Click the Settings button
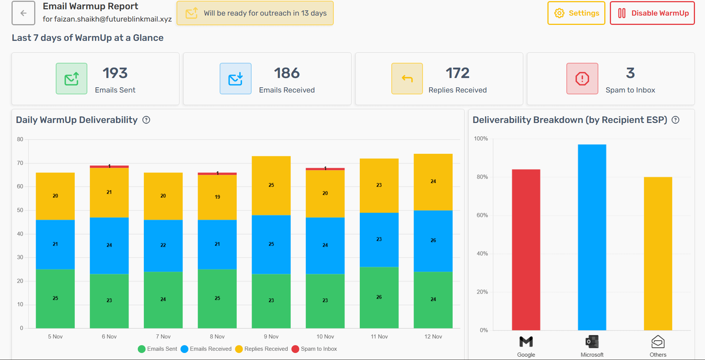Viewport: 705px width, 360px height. [576, 13]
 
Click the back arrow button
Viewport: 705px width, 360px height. [23, 13]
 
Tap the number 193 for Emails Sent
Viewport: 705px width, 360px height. [115, 73]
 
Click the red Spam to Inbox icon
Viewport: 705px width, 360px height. [582, 79]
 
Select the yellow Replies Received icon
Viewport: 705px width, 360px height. [407, 79]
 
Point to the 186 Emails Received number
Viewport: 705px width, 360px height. [287, 73]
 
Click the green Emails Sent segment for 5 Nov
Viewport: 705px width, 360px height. [55, 298]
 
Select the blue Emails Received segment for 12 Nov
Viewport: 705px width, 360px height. [433, 241]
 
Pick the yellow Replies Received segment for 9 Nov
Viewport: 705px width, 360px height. [271, 185]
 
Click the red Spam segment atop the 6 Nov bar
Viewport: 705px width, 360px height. [109, 167]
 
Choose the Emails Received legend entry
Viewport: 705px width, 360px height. [206, 349]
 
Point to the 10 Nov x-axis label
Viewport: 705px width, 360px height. [325, 337]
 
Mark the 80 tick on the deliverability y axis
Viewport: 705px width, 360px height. [20, 139]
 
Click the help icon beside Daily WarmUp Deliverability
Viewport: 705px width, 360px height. [146, 120]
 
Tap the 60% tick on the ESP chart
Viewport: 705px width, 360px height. [482, 215]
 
